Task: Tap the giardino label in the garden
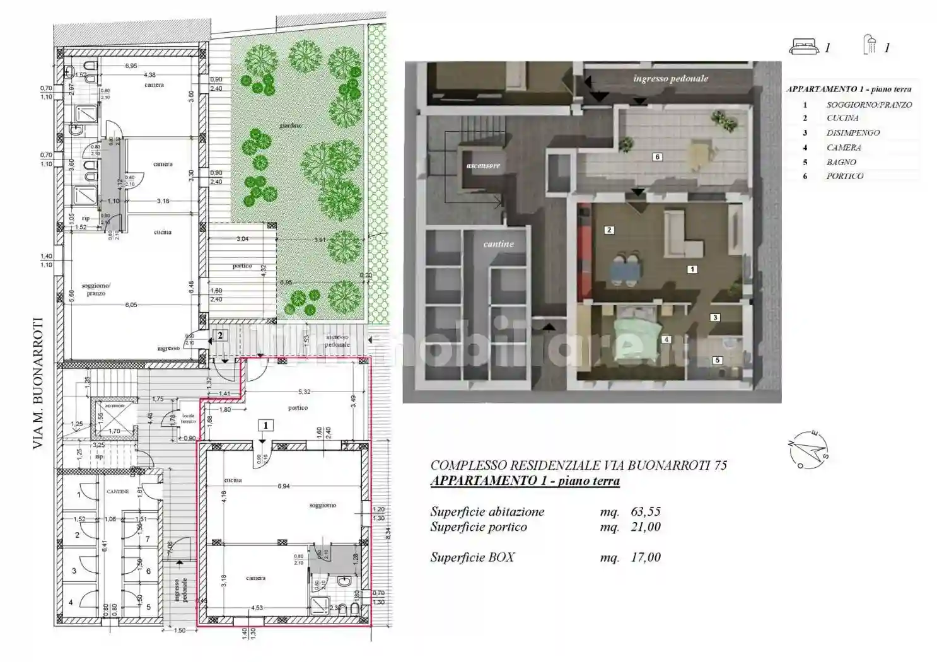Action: tap(291, 125)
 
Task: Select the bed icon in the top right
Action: tap(803, 46)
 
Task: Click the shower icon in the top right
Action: tap(870, 45)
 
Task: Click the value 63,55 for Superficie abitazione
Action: tap(645, 512)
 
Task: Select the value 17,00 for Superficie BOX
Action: tap(645, 557)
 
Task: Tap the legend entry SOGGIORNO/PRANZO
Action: tap(869, 105)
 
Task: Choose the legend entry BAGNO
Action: tap(841, 162)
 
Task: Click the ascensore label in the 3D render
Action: tap(483, 165)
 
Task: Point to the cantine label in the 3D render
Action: tap(498, 244)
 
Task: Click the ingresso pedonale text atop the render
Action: tap(670, 79)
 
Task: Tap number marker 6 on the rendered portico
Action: tap(657, 157)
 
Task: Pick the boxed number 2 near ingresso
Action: tap(219, 335)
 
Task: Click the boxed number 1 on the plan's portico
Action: tap(265, 425)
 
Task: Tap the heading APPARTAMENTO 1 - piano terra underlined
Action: tap(525, 481)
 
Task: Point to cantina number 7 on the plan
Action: tap(148, 539)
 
